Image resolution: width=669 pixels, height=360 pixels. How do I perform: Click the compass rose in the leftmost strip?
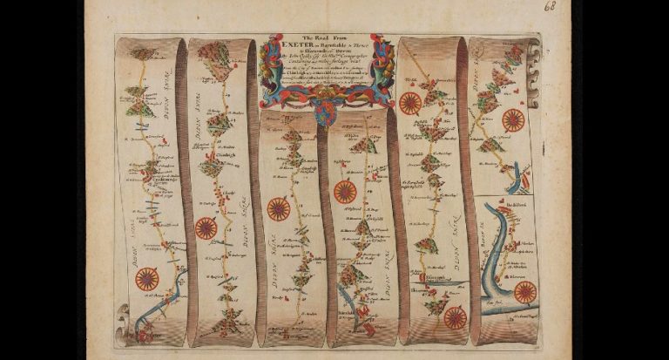[x=147, y=278]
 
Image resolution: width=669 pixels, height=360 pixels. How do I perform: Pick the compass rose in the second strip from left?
[x=206, y=228]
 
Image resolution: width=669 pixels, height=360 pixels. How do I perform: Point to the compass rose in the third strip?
[x=278, y=209]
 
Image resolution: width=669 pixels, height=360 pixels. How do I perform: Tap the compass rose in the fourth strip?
[x=345, y=192]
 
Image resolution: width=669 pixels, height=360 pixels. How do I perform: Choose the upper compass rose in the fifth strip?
[x=410, y=103]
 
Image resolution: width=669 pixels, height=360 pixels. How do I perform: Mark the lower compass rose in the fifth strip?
[x=456, y=318]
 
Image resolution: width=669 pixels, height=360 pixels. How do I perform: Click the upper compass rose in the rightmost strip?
[x=513, y=120]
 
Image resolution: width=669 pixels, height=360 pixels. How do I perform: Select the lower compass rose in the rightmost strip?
[x=524, y=292]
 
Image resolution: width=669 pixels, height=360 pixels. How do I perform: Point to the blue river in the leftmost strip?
[x=166, y=301]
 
